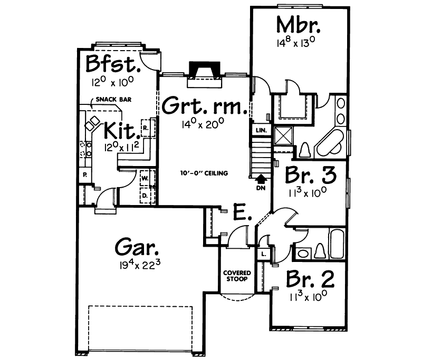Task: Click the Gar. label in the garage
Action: (137, 246)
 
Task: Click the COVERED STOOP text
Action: (236, 276)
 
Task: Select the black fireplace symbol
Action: (205, 70)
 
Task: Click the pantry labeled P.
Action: (84, 174)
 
